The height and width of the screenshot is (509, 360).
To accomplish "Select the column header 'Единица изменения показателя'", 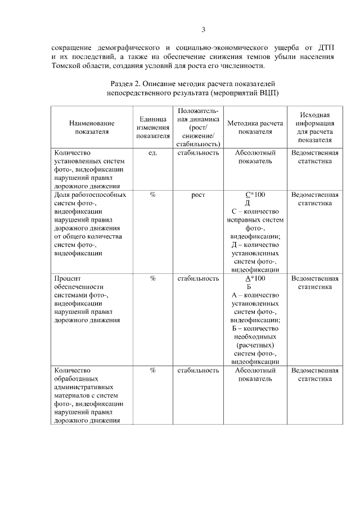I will click(152, 127).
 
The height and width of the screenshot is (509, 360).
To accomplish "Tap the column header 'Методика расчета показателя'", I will click(249, 127).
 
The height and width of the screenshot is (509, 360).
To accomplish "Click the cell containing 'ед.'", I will click(152, 152).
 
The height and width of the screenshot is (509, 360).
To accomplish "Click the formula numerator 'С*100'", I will click(251, 195).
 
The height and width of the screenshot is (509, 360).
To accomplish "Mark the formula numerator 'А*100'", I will click(251, 278).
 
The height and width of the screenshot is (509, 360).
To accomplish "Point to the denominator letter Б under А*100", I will click(248, 286).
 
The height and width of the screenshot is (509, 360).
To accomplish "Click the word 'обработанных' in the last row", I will click(77, 379).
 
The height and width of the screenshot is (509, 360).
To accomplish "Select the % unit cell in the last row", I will click(152, 370).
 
